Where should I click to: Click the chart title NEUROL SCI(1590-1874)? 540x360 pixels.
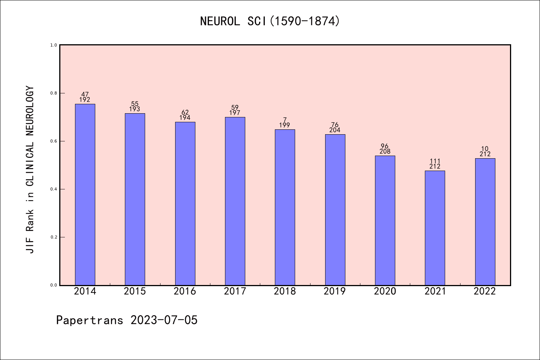(270, 21)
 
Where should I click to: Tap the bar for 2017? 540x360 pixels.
(235, 201)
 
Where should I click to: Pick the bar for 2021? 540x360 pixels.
(435, 228)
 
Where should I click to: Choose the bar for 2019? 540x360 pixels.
(335, 210)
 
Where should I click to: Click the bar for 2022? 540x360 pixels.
(485, 222)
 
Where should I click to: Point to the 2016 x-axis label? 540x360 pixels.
(185, 291)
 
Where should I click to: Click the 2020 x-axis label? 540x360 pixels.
(385, 291)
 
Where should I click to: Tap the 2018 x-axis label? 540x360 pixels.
(285, 291)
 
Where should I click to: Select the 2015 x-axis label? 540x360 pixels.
(135, 291)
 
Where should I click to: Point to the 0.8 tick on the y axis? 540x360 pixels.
(54, 93)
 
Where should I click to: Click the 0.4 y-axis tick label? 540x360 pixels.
(54, 189)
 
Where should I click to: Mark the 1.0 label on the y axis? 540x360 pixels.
(54, 45)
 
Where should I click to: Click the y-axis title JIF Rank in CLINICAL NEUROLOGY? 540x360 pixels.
(30, 169)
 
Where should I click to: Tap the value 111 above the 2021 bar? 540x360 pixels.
(435, 161)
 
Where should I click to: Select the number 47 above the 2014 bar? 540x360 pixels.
(85, 94)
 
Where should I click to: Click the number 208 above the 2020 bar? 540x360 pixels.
(385, 151)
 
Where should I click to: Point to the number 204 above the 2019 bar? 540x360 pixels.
(335, 130)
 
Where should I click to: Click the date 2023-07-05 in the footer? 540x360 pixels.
(164, 320)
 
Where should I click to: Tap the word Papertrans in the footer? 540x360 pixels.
(90, 320)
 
